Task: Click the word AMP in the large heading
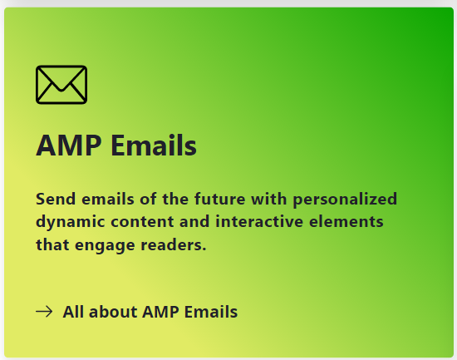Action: tap(68, 145)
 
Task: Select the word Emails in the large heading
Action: tap(154, 145)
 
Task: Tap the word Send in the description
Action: tap(56, 199)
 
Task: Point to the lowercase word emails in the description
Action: tap(108, 199)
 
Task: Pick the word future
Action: tap(219, 199)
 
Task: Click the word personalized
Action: tap(345, 200)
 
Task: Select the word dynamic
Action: tap(71, 222)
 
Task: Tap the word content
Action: tap(143, 222)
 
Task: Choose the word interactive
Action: tap(259, 221)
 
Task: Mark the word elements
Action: tap(346, 221)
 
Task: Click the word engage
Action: tap(105, 245)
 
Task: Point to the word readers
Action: tap(174, 244)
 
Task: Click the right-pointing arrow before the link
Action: tap(44, 312)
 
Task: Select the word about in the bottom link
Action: tap(113, 312)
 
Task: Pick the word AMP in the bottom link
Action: tap(160, 312)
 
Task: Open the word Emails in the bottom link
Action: tap(211, 312)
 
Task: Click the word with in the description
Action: tap(268, 199)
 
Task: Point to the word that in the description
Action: tap(52, 244)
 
